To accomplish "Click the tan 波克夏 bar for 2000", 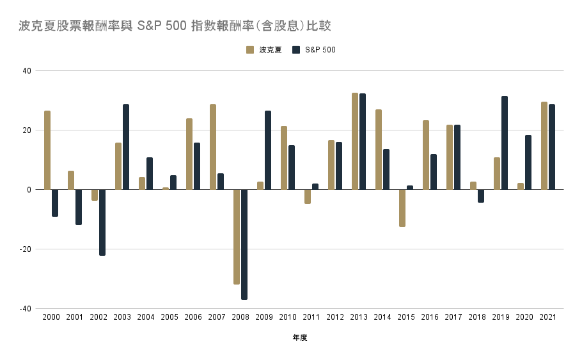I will click(x=47, y=150).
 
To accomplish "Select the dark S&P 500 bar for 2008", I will click(x=244, y=244).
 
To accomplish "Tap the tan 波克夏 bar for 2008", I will click(x=237, y=237).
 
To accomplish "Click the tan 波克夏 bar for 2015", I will click(x=402, y=208).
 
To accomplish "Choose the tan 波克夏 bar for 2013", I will click(x=355, y=141).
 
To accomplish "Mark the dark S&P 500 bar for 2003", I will click(x=126, y=147).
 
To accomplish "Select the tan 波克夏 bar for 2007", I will click(x=213, y=147).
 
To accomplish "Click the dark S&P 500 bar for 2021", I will click(x=552, y=147).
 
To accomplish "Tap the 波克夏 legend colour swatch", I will click(x=250, y=50).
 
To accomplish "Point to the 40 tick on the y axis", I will click(x=26, y=71).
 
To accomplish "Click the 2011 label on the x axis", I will click(x=311, y=317).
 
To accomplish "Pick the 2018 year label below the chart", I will click(x=477, y=317).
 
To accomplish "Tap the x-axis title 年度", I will click(x=299, y=338).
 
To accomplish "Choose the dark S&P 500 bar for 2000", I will click(x=55, y=203).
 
